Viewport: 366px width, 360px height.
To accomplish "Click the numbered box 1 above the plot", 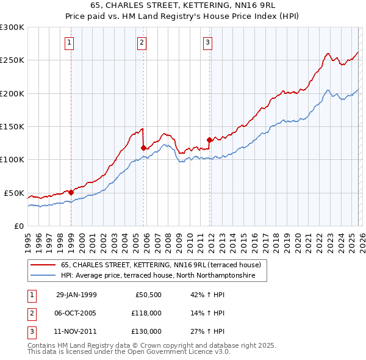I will point(70,43).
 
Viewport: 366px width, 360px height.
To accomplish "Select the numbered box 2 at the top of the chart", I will point(142,43).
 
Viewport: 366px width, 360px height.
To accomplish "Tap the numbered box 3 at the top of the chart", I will point(208,43).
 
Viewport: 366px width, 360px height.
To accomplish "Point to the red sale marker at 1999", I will point(71,192).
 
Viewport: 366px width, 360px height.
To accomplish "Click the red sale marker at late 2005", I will point(143,148).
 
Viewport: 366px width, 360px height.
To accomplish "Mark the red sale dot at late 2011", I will point(209,140).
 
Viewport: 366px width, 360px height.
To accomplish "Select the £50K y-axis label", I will point(14,193).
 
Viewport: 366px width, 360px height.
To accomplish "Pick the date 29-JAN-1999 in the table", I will point(76,295).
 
